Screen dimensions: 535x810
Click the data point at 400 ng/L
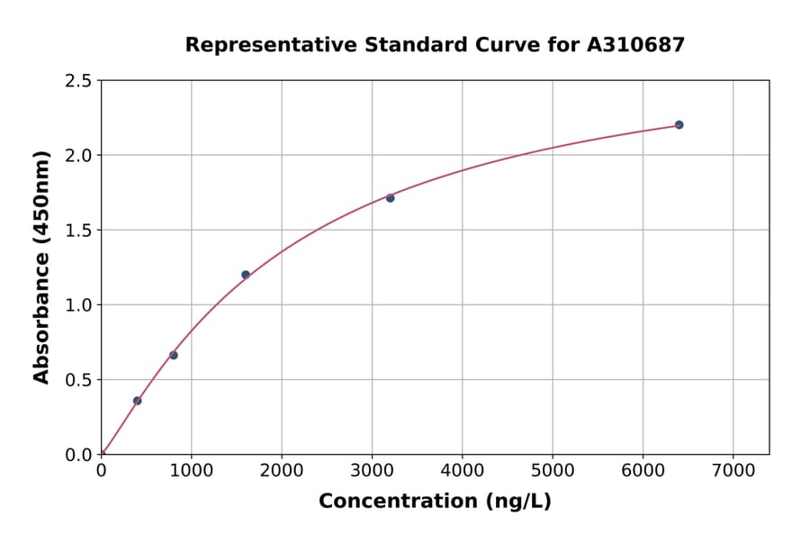coord(138,401)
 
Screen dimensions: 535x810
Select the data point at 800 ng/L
coord(174,355)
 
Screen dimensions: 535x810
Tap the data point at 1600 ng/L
coord(246,275)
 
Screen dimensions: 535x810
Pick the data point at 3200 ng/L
coord(390,198)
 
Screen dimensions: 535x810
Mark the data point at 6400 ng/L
coord(679,124)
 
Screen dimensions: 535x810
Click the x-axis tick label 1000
coord(191,472)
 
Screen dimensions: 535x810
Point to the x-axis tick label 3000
coord(372,472)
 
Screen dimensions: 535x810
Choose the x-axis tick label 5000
coord(553,472)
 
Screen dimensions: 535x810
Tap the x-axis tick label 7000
coord(733,472)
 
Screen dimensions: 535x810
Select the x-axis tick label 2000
coord(282,472)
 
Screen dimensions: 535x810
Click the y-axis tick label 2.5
coord(79,81)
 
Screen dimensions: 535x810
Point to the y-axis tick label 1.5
coord(79,231)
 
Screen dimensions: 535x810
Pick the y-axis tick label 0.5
coord(79,380)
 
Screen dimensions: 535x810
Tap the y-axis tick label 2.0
coord(79,156)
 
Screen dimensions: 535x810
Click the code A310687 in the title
coord(636,44)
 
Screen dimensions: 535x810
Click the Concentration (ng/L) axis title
coord(435,501)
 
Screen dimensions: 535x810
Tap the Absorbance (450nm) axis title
coord(41,267)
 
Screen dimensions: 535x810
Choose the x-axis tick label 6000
coord(643,472)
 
